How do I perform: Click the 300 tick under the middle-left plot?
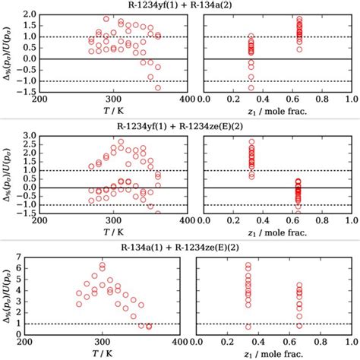(x=114, y=219)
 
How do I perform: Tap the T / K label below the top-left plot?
(x=114, y=111)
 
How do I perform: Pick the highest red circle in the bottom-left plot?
(x=103, y=265)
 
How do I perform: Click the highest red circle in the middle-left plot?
(x=121, y=142)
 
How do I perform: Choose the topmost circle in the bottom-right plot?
(x=248, y=265)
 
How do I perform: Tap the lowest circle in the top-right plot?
(x=251, y=87)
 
